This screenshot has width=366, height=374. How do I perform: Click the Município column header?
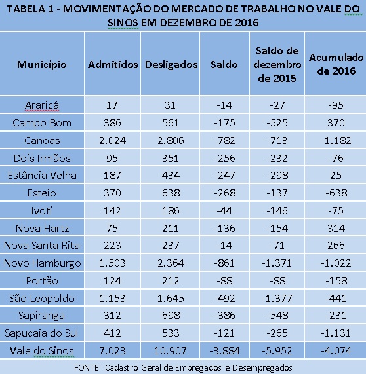[x=42, y=65]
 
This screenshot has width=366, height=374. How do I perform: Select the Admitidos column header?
[x=113, y=65]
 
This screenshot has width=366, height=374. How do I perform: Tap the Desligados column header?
[x=171, y=65]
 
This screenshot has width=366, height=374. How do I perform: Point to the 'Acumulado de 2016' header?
[x=336, y=64]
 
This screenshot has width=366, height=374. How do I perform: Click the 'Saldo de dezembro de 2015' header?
[x=277, y=65]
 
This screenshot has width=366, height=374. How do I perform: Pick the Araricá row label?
[x=42, y=105]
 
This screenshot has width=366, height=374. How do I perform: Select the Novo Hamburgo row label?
[x=42, y=263]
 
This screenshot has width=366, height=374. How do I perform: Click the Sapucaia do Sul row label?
[x=41, y=333]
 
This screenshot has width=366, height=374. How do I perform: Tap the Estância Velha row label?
[x=42, y=176]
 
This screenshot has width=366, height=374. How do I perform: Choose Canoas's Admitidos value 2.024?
[x=113, y=140]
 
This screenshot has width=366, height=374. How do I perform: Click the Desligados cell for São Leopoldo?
[x=171, y=299]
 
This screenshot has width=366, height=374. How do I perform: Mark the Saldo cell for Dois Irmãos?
[x=224, y=158]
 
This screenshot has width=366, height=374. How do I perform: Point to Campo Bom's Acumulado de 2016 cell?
[x=336, y=123]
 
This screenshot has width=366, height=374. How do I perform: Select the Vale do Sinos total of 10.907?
[x=170, y=351]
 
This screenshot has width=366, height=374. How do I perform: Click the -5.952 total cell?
[x=277, y=351]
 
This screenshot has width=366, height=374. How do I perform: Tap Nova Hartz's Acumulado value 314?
[x=336, y=228]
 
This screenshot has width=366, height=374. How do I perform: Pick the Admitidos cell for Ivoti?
[x=112, y=211]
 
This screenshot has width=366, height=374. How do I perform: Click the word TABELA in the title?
[x=26, y=9]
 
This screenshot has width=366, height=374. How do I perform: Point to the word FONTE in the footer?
[x=87, y=368]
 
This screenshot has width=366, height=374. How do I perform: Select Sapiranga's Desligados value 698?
[x=171, y=316]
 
